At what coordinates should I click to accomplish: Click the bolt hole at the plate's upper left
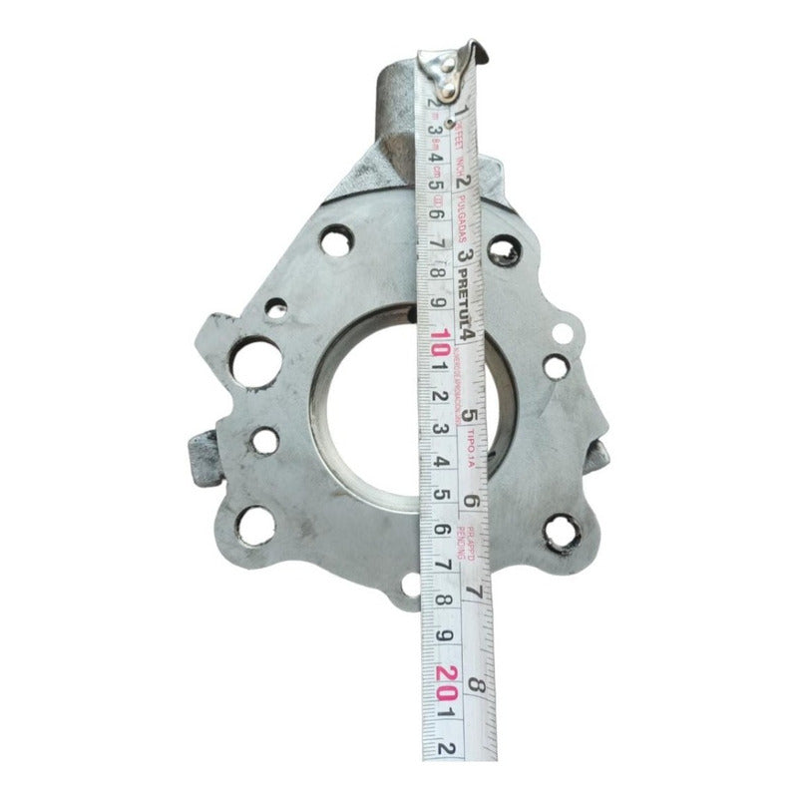tap(336, 241)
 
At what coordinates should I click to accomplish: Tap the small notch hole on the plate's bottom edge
tap(408, 589)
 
